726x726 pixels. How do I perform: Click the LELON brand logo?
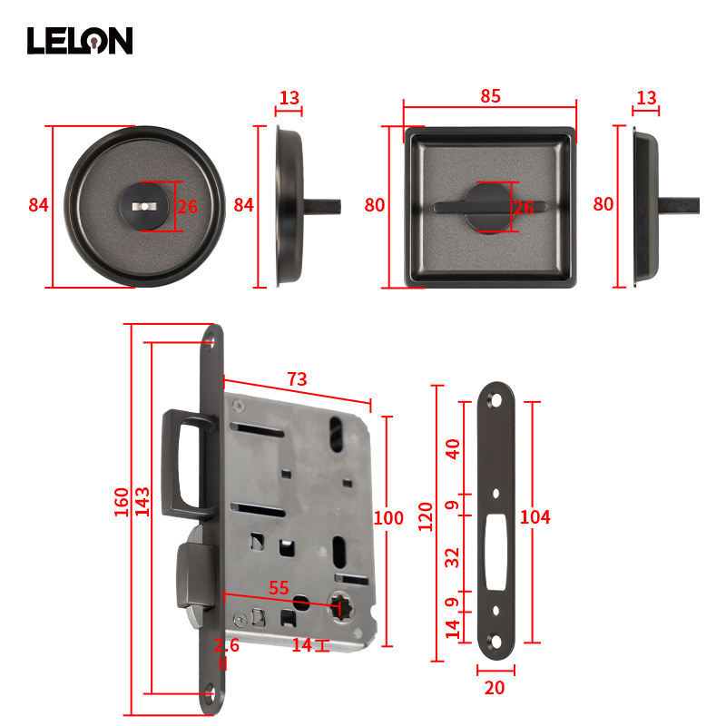(x=80, y=41)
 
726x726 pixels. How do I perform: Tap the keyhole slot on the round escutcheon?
(x=144, y=207)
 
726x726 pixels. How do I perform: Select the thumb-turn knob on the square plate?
(x=490, y=208)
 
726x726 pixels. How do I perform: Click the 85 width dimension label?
(x=490, y=96)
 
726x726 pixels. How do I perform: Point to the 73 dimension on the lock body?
(x=297, y=379)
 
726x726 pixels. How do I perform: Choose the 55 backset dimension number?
(x=279, y=588)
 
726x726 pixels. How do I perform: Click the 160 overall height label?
(x=122, y=503)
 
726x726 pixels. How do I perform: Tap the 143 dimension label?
(x=142, y=502)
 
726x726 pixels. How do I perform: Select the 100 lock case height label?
(x=388, y=517)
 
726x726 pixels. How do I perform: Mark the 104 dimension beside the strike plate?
(x=535, y=516)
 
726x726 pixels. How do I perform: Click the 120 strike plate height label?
(x=425, y=516)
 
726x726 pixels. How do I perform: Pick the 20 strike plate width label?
(x=495, y=688)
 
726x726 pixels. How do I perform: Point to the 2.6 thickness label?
(x=226, y=645)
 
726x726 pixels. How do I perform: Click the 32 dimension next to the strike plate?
(x=452, y=558)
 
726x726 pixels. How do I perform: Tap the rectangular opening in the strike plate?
(x=495, y=552)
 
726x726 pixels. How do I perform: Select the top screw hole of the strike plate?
(x=495, y=399)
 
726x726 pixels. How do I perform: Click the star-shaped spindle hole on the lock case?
(x=340, y=605)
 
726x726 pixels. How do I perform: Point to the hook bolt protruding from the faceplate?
(x=188, y=464)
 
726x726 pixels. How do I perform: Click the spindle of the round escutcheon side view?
(x=322, y=207)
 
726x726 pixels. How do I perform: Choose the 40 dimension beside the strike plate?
(x=452, y=449)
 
